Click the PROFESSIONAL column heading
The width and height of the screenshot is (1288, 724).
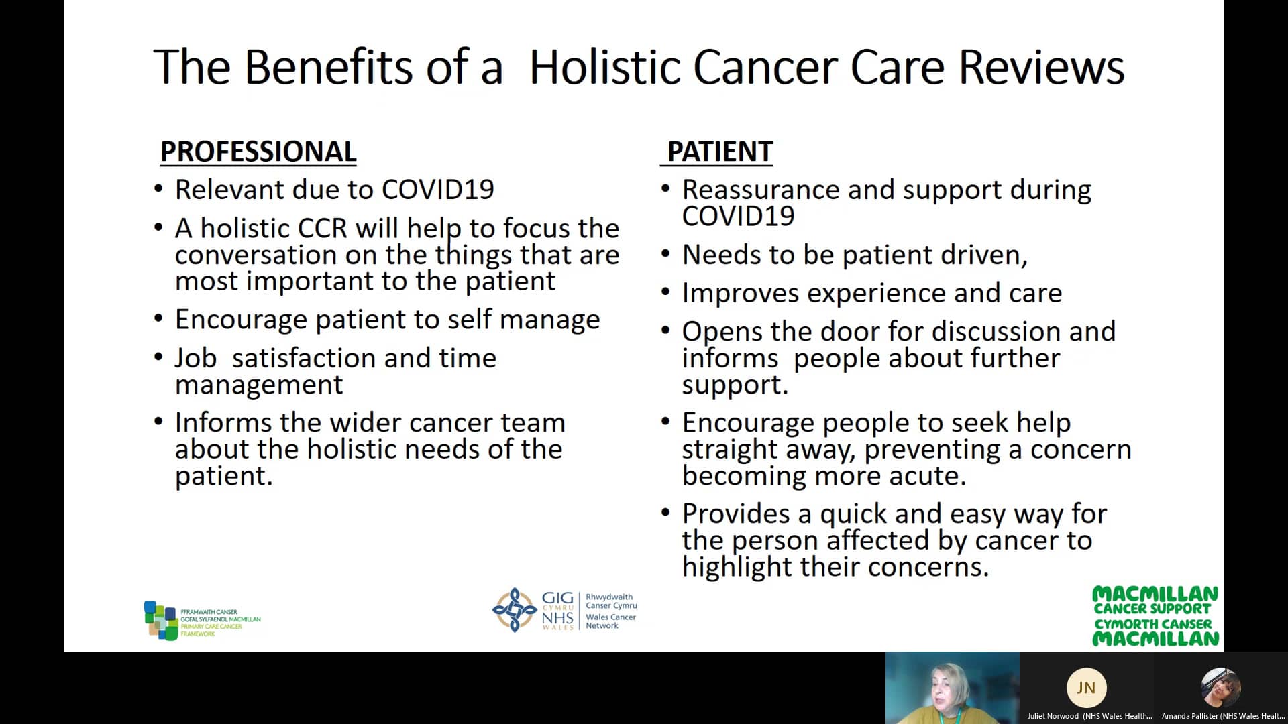click(x=258, y=152)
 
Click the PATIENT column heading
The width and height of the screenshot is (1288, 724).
click(x=719, y=152)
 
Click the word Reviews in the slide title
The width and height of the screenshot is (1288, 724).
click(x=1041, y=67)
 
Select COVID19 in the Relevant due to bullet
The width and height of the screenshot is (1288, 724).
click(x=437, y=190)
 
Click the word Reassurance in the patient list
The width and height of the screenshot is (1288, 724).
click(x=761, y=190)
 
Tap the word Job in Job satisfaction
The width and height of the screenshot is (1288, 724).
click(x=195, y=359)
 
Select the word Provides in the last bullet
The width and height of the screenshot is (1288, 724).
click(x=736, y=514)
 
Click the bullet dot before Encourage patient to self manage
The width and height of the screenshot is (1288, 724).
click(x=158, y=318)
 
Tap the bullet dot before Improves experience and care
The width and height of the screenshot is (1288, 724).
click(x=665, y=292)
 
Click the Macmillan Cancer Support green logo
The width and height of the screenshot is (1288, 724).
click(x=1155, y=616)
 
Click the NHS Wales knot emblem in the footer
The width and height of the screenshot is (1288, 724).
click(x=514, y=610)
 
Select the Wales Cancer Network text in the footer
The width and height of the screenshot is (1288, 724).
click(x=610, y=621)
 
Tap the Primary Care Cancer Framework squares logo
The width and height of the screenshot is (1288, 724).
click(x=160, y=620)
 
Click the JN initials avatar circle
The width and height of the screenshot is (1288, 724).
click(x=1085, y=688)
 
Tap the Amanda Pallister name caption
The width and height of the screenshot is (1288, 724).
click(x=1222, y=716)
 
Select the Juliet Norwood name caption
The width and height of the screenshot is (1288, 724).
click(x=1089, y=716)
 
